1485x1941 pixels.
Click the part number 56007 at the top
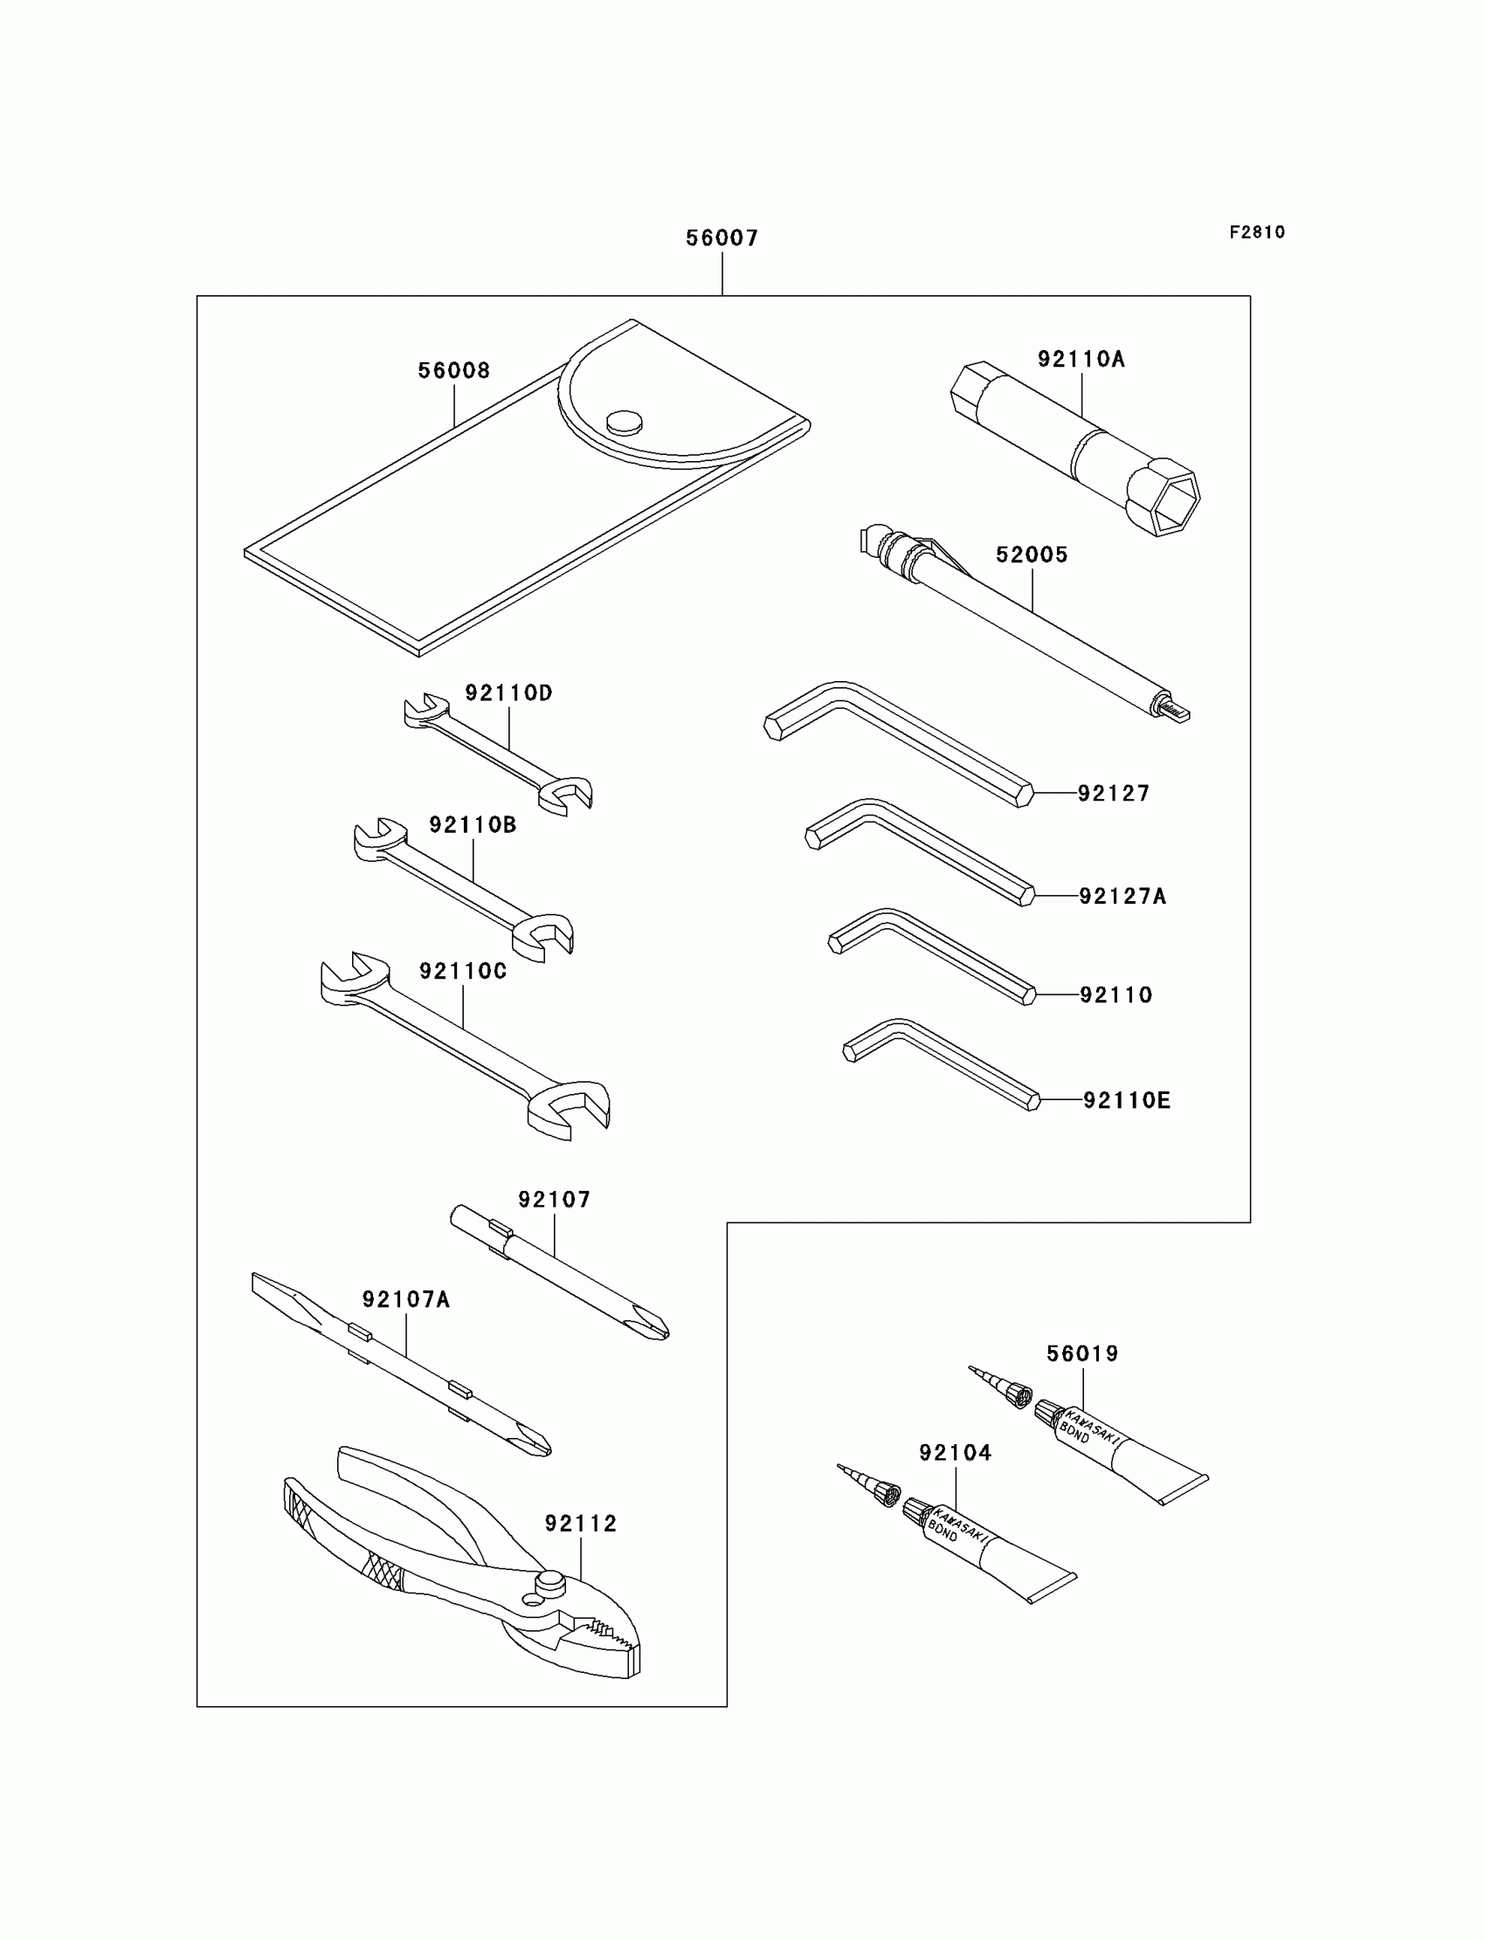(722, 237)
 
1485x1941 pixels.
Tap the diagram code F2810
(1257, 232)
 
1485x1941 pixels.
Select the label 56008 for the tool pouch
(453, 371)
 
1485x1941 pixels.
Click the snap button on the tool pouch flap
(625, 423)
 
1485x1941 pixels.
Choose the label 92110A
(1081, 359)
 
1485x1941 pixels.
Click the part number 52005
(1032, 554)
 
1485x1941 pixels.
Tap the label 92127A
(1122, 897)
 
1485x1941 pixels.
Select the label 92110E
(1126, 1100)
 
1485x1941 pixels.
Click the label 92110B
(473, 825)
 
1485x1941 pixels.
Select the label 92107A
(405, 1299)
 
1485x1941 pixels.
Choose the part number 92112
(581, 1523)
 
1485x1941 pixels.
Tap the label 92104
(956, 1453)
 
